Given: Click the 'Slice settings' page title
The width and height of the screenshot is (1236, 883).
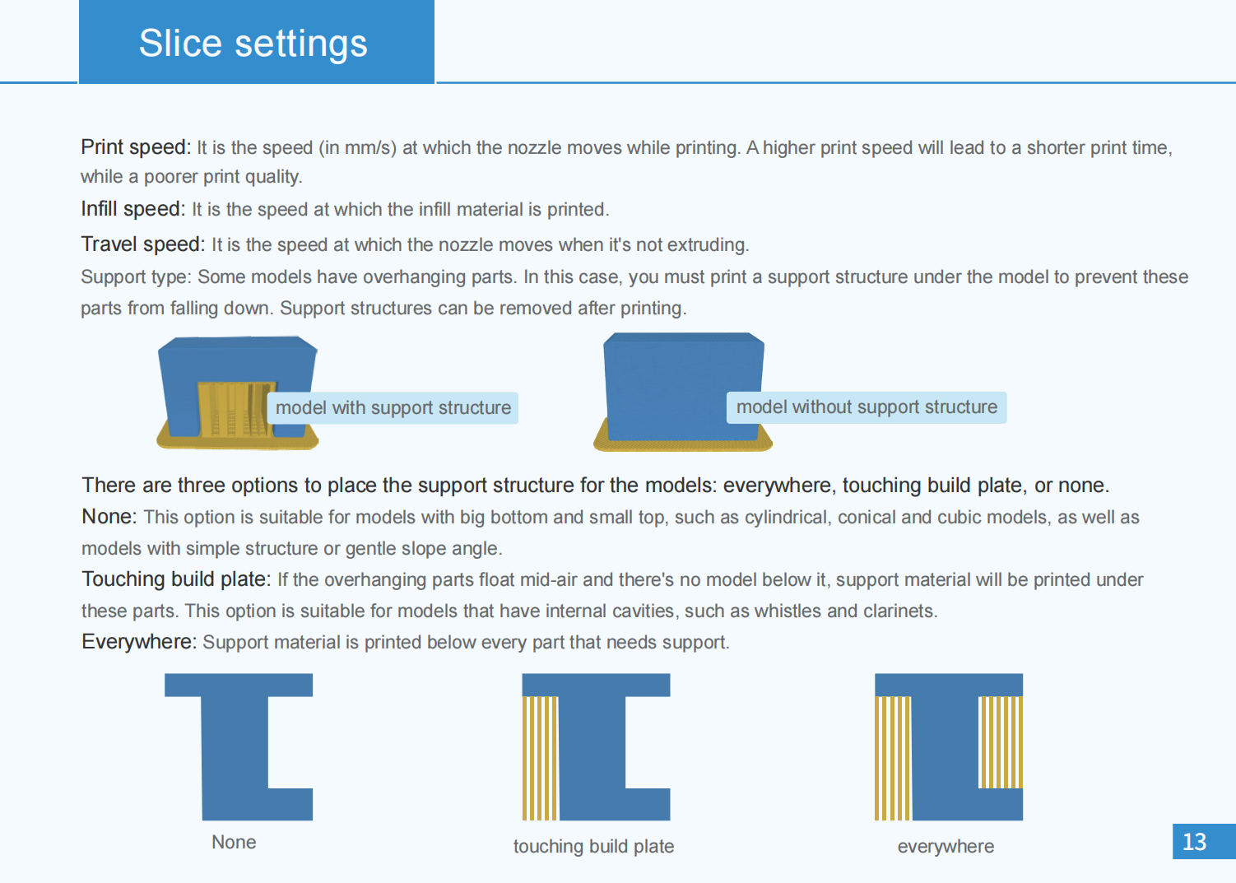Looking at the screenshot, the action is (x=253, y=44).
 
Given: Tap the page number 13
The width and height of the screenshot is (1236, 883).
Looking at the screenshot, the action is (x=1195, y=842).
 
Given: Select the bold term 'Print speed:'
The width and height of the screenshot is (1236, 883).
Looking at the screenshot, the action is (x=136, y=147).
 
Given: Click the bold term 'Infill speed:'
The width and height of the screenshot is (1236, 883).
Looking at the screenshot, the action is (x=133, y=209).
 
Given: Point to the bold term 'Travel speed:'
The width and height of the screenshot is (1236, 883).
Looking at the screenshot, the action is (x=143, y=244).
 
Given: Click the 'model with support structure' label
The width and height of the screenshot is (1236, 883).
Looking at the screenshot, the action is (x=393, y=408).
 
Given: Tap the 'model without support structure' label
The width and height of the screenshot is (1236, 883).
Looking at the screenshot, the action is (x=867, y=407).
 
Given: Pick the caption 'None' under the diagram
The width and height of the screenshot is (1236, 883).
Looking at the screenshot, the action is (x=234, y=842).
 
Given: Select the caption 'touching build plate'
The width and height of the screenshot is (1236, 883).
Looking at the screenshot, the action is (x=593, y=847).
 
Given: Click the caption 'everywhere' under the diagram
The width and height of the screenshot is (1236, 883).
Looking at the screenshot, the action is (x=946, y=847).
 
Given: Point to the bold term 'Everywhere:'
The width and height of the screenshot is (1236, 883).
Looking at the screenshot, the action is (x=139, y=642).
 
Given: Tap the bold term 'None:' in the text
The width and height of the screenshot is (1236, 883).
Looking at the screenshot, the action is (x=109, y=517).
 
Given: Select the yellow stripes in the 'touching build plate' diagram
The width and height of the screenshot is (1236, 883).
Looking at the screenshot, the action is (x=540, y=758).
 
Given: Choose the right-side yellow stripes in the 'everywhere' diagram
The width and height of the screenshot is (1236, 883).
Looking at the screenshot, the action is (x=1001, y=742).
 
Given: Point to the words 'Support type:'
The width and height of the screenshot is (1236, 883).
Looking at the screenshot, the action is (x=137, y=277).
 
